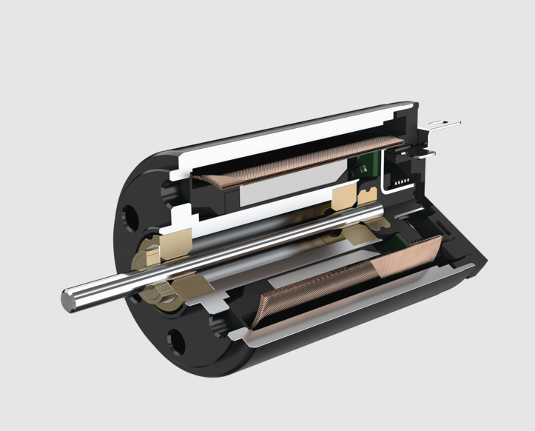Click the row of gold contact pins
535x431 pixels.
tap(401, 181)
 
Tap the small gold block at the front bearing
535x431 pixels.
tap(151, 255)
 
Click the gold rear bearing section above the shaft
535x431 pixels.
tap(345, 197)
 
